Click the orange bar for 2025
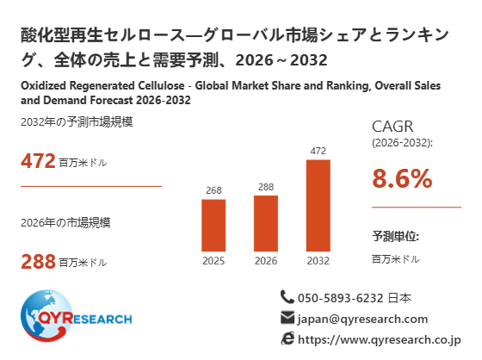point(213,226)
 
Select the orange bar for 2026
point(266,223)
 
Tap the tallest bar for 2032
point(318,206)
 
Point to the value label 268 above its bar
point(213,190)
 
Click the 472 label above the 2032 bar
point(318,151)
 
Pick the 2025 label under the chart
point(213,261)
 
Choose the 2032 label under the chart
point(318,261)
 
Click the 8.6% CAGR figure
point(402,178)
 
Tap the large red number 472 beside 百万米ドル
point(38,161)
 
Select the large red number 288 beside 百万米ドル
point(38,262)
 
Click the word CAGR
point(392,127)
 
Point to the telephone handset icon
point(287,297)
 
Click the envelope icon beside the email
point(287,318)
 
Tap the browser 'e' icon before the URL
point(287,338)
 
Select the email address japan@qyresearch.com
point(362,319)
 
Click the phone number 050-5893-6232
point(341,298)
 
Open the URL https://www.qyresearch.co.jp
point(380,340)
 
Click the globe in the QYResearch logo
point(46,316)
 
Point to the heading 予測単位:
point(396,236)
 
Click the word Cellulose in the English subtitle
point(161,85)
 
